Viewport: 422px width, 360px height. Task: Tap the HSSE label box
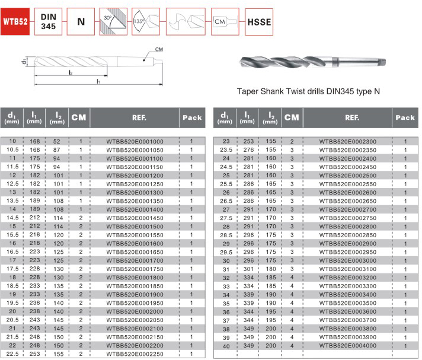[258, 23]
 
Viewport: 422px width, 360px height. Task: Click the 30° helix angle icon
[113, 22]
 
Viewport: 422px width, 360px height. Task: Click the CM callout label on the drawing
[159, 49]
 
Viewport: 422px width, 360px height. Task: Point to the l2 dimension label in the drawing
[70, 72]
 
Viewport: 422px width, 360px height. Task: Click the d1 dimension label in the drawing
[23, 62]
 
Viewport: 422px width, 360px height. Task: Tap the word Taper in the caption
[248, 92]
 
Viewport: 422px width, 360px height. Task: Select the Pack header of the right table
[405, 117]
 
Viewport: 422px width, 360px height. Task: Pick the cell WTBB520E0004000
[347, 345]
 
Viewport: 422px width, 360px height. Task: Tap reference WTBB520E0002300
[347, 141]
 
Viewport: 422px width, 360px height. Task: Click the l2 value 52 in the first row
[57, 141]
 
